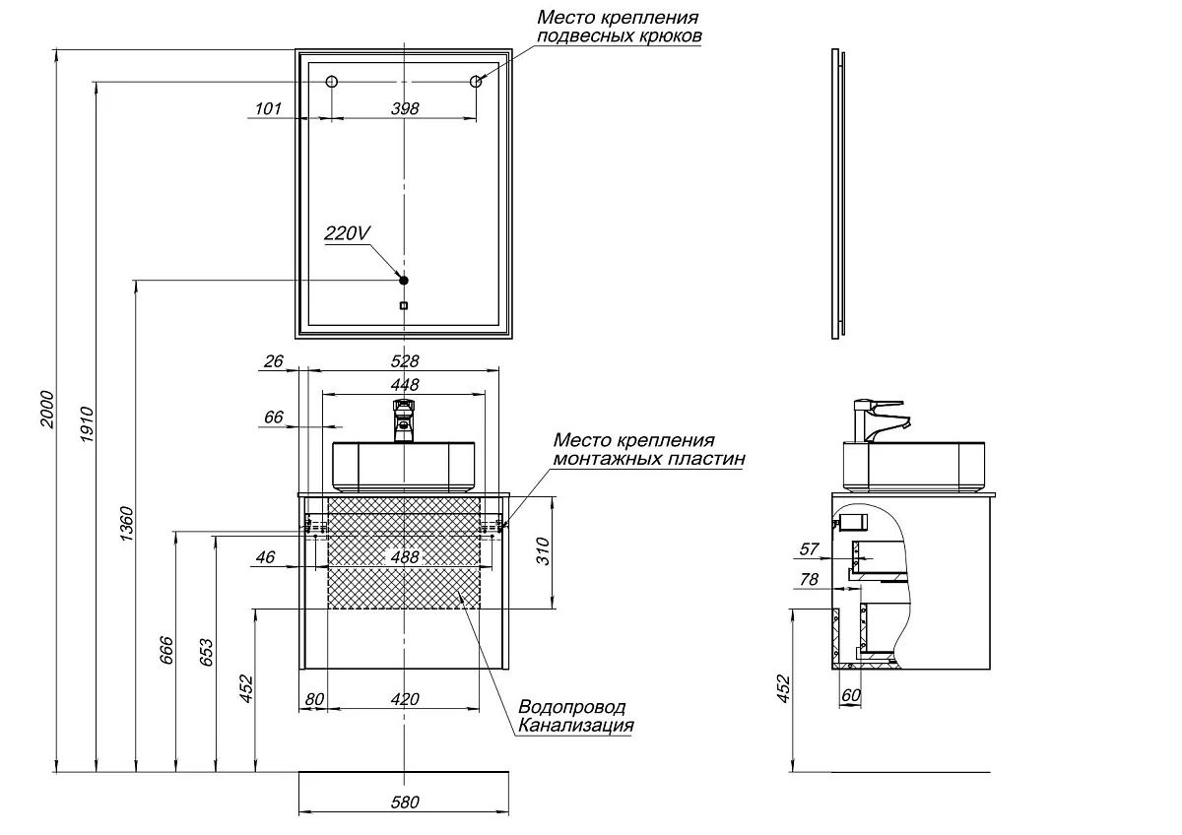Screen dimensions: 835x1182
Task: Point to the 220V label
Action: tap(347, 233)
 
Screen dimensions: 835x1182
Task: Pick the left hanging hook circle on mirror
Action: tap(332, 82)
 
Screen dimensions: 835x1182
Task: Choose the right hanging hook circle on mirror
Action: tap(476, 82)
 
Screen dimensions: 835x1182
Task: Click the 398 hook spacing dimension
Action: tap(404, 108)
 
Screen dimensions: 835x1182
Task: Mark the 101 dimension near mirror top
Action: tap(268, 108)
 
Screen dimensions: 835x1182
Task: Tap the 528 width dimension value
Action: tap(404, 360)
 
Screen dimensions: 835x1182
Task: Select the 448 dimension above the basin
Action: tap(404, 384)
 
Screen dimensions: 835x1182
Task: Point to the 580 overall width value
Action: tap(404, 803)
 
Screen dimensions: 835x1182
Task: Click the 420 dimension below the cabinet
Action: tap(404, 699)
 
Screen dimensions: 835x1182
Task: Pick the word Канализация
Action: tap(575, 727)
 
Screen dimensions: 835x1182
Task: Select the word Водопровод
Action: tap(571, 708)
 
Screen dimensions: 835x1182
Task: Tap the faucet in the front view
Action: tap(404, 419)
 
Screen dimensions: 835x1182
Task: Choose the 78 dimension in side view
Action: tap(809, 580)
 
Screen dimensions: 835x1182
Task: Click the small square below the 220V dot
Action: tap(403, 305)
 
